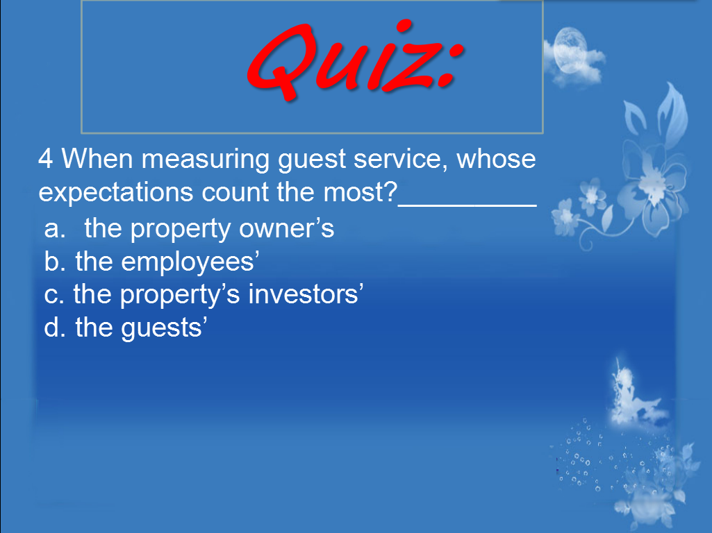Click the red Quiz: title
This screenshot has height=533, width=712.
tap(356, 60)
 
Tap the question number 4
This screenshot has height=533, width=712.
tap(45, 159)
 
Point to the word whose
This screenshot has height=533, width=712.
tap(496, 159)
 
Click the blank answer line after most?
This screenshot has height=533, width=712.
tap(467, 205)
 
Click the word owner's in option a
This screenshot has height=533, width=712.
tap(286, 228)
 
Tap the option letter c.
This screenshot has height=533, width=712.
tap(53, 296)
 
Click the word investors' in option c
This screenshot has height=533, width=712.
tap(306, 294)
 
